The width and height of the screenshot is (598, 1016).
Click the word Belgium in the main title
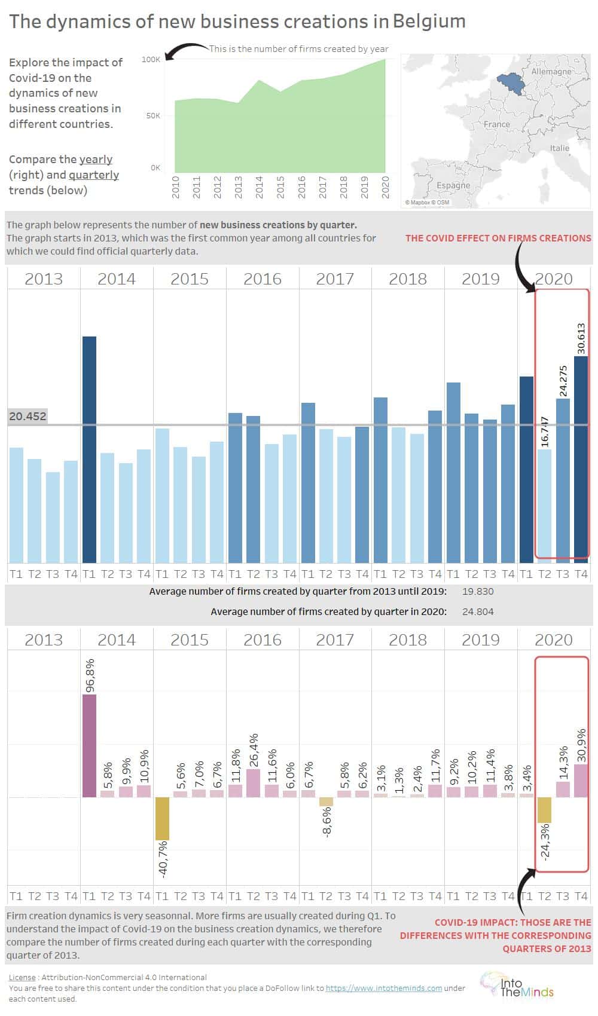pos(429,22)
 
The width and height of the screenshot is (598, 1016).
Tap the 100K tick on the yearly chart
pos(151,60)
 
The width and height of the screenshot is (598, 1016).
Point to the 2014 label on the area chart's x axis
pos(259,187)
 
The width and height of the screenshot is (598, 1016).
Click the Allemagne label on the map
pos(551,72)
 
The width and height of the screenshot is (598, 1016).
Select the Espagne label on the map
pos(453,185)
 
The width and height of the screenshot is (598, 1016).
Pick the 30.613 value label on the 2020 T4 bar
pos(580,339)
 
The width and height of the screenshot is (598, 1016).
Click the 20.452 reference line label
pos(28,417)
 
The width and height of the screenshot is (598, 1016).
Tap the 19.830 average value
pos(478,592)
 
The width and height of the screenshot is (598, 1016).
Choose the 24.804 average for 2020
pos(478,612)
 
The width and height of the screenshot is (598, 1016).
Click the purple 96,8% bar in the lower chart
pos(89,745)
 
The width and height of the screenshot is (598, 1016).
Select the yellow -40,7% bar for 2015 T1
pos(162,818)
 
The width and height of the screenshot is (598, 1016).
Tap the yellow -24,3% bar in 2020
pos(544,810)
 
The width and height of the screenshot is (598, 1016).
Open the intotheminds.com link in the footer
pos(383,988)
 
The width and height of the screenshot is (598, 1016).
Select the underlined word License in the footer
pos(22,977)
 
